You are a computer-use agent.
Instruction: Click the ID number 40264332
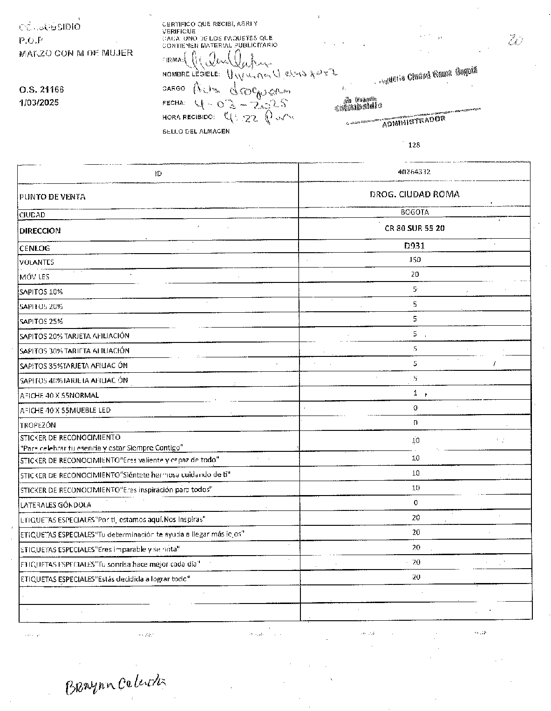[x=414, y=172]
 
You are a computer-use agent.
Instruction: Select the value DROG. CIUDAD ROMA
[x=414, y=195]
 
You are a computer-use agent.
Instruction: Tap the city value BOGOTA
[x=415, y=212]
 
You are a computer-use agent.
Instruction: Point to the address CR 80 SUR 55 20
[x=415, y=228]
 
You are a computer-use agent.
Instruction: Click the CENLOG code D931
[x=415, y=245]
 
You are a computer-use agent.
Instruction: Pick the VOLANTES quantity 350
[x=415, y=260]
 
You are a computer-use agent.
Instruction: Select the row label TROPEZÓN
[x=38, y=425]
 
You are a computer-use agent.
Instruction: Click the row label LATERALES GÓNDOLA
[x=55, y=505]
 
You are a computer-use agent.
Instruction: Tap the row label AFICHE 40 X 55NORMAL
[x=59, y=396]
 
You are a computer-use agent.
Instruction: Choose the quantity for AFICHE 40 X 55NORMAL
[x=415, y=393]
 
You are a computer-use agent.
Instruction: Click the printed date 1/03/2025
[x=39, y=102]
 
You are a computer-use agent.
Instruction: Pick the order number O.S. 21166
[x=41, y=89]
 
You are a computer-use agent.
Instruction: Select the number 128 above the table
[x=414, y=145]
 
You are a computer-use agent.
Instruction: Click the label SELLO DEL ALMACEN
[x=196, y=131]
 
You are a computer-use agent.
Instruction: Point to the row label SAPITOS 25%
[x=41, y=322]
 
